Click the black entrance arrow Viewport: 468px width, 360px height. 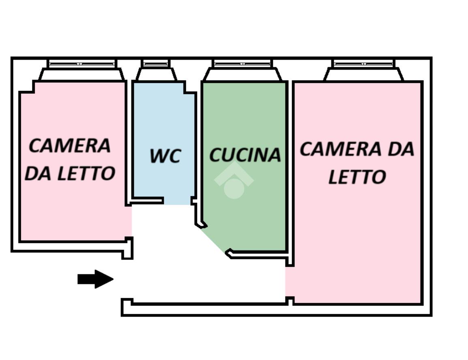tap(95, 279)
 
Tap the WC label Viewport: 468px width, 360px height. tap(165, 155)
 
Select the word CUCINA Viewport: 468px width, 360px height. tap(245, 155)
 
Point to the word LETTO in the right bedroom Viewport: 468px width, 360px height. tap(357, 177)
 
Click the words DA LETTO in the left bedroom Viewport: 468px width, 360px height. tap(70, 173)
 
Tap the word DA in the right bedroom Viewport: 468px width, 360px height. tap(401, 149)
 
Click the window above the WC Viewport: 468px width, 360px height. tap(155, 64)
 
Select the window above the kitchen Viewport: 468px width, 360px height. tap(242, 64)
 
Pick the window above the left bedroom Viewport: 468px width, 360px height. tap(82, 64)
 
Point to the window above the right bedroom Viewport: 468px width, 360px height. tap(363, 64)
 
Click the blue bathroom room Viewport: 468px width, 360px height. tap(163, 140)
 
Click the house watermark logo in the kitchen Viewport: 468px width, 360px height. tap(234, 181)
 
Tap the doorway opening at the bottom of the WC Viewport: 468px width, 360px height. tap(177, 202)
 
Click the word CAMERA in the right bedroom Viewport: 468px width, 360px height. tap(341, 149)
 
